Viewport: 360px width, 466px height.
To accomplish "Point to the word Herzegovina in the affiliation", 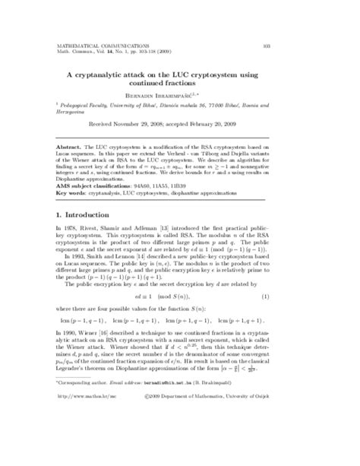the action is coord(74,117).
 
